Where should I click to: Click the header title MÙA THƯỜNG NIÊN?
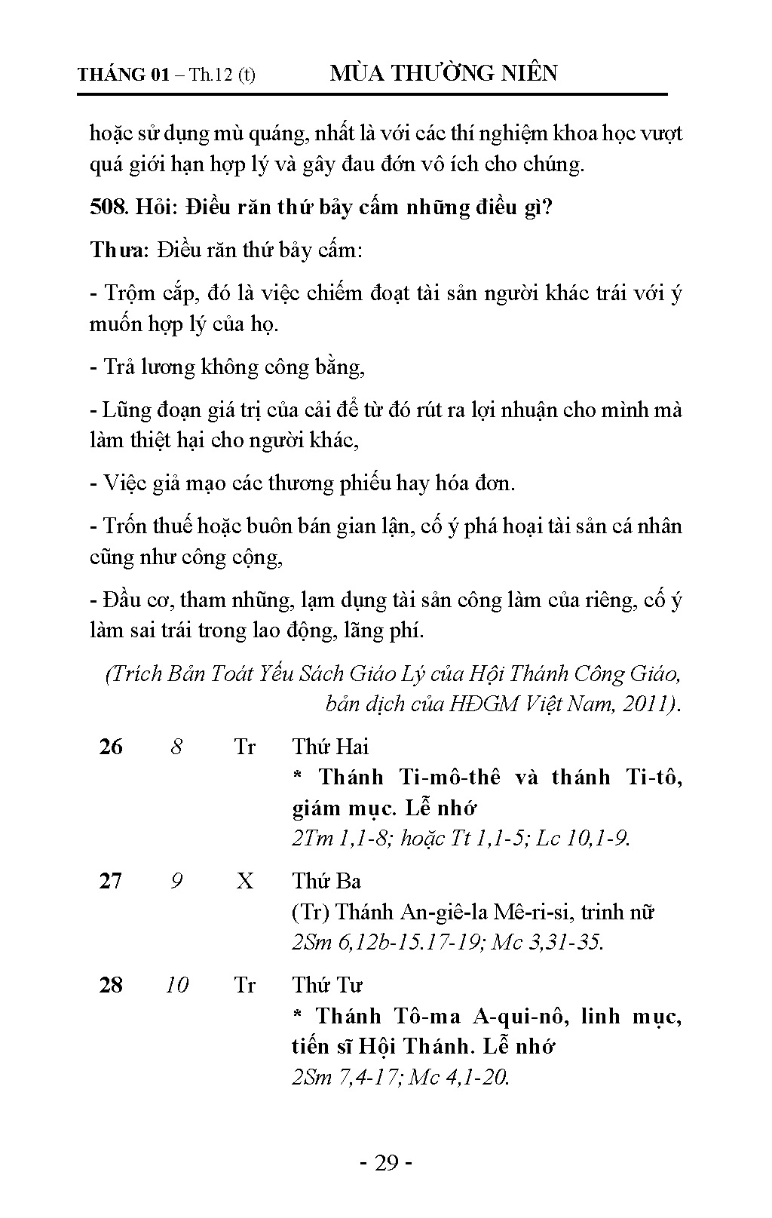pyautogui.click(x=444, y=73)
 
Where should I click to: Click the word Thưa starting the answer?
pyautogui.click(x=120, y=250)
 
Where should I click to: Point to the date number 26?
pyautogui.click(x=111, y=747)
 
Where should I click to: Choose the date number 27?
pyautogui.click(x=111, y=881)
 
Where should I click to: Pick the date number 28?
pyautogui.click(x=111, y=985)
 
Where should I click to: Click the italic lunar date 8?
pyautogui.click(x=176, y=747)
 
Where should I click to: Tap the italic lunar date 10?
pyautogui.click(x=176, y=985)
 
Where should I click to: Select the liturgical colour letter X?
pyautogui.click(x=245, y=881)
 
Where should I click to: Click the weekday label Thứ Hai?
pyautogui.click(x=330, y=747)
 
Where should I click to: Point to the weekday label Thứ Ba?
pyautogui.click(x=326, y=881)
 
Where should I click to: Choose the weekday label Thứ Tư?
pyautogui.click(x=327, y=985)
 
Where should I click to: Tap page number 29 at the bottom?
pyautogui.click(x=386, y=1163)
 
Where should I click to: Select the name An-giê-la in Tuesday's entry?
pyautogui.click(x=448, y=912)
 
